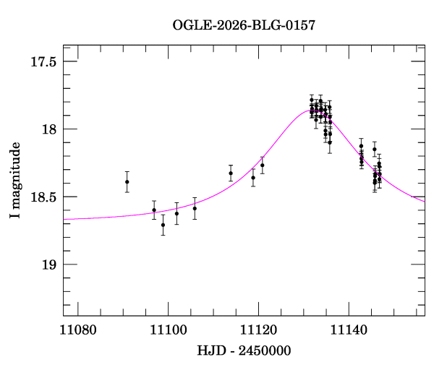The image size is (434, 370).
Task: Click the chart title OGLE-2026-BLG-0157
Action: [244, 25]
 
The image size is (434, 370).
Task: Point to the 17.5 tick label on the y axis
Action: [43, 62]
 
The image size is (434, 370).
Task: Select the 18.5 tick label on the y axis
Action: [43, 197]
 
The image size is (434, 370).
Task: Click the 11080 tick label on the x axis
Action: [78, 330]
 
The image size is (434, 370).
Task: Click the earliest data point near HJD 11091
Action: [127, 181]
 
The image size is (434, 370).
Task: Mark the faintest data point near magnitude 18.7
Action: [163, 225]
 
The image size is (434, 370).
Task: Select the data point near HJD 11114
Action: [231, 173]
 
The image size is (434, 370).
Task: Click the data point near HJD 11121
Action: [263, 165]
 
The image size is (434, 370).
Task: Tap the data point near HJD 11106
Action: [195, 208]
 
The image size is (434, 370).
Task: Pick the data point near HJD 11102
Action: [177, 213]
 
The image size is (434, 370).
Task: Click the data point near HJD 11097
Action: [154, 210]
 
